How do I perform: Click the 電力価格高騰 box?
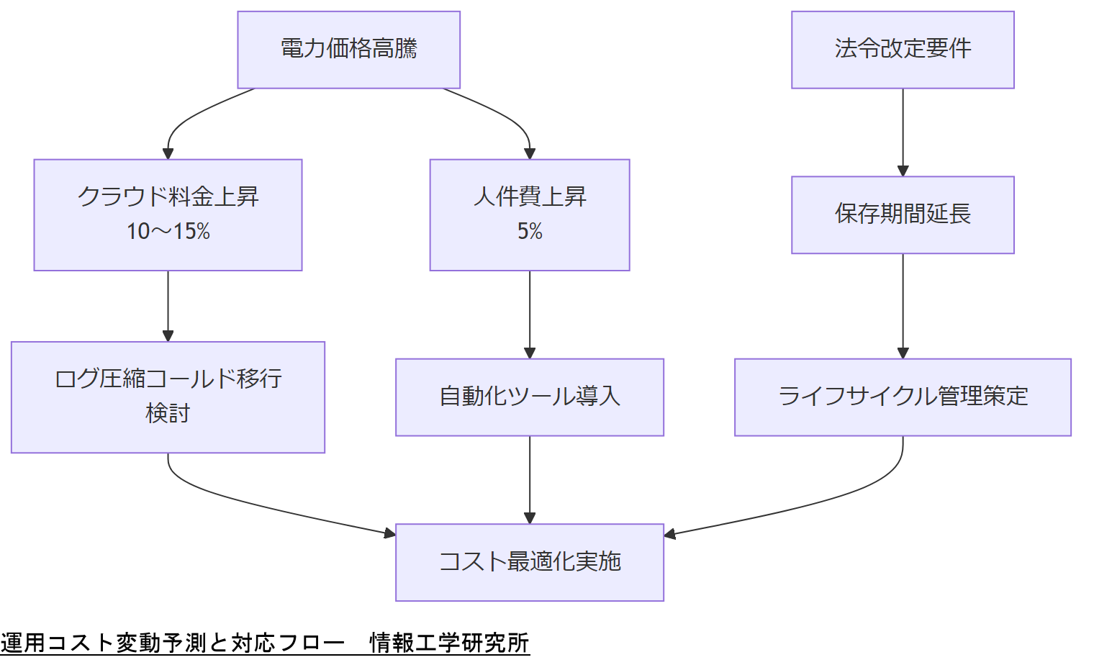[348, 50]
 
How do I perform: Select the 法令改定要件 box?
[903, 50]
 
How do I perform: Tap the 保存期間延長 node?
[903, 214]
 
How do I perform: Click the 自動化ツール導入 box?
[529, 397]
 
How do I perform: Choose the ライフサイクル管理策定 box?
[903, 397]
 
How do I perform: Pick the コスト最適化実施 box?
[529, 562]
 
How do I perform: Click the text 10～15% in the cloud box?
[168, 231]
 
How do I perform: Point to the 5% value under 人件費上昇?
[530, 231]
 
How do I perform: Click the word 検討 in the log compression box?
[168, 414]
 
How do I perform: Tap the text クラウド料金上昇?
[168, 196]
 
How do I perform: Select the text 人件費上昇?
[530, 196]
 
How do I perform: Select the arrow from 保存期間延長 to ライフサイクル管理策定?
[903, 305]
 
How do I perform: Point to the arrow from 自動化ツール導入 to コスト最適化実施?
[530, 479]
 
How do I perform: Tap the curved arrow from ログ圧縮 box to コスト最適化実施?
[238, 499]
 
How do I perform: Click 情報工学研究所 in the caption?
[449, 643]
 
